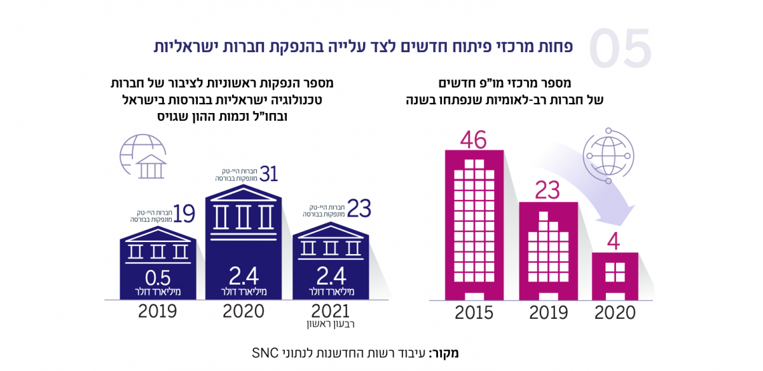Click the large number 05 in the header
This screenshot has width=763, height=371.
(620, 50)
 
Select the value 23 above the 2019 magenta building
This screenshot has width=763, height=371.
(549, 190)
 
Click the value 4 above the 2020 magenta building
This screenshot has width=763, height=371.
(615, 242)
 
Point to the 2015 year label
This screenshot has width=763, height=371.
(474, 313)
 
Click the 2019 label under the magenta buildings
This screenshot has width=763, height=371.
(549, 313)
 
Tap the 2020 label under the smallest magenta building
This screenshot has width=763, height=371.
(614, 313)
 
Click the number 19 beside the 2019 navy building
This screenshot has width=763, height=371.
(183, 214)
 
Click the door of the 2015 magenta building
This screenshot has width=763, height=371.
(474, 296)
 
